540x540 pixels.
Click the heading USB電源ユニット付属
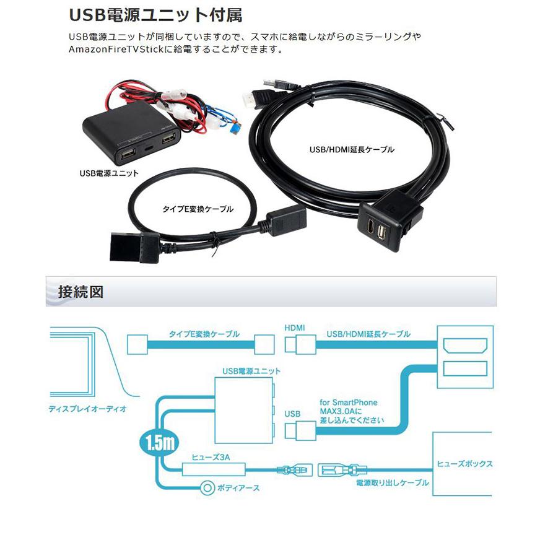[155, 15]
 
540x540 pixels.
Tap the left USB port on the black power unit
[128, 155]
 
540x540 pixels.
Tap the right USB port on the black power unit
[168, 139]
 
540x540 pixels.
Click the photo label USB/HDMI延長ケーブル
[352, 149]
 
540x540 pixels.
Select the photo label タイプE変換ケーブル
[198, 209]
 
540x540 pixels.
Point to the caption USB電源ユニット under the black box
[109, 173]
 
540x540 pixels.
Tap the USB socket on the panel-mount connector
[381, 233]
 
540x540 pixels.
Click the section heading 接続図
[81, 292]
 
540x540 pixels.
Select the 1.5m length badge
[159, 442]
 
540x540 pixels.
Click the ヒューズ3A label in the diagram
[211, 457]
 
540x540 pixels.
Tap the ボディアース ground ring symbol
[207, 487]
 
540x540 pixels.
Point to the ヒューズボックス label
[464, 464]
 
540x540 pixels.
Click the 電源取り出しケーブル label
[392, 482]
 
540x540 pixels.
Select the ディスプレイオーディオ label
[88, 409]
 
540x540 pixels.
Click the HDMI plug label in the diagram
[294, 328]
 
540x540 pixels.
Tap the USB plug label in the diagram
[292, 414]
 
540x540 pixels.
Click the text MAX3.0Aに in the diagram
[341, 411]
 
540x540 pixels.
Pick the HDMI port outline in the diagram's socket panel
[465, 346]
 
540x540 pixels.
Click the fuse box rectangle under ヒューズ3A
[214, 469]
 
